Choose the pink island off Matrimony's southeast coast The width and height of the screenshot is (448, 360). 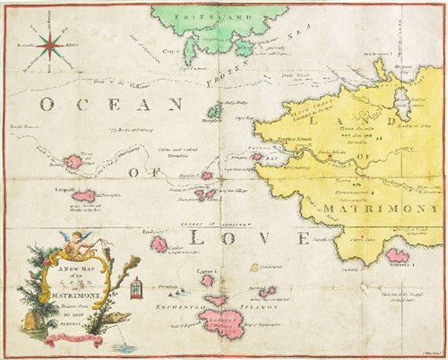pos(396,257)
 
